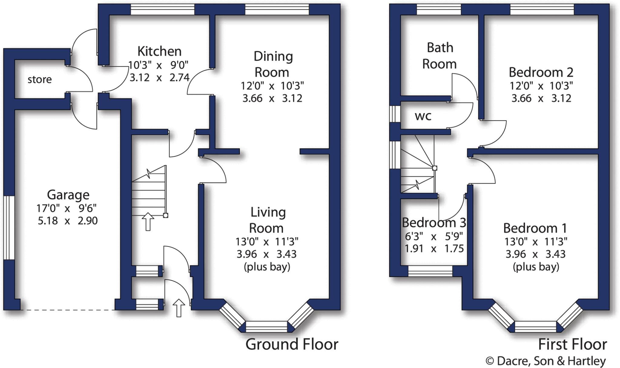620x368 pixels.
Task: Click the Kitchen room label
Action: tap(159, 51)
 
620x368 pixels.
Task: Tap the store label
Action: tap(40, 79)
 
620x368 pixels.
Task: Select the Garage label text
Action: tap(68, 195)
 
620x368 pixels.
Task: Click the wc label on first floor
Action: tap(423, 116)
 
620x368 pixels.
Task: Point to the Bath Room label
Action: tap(440, 56)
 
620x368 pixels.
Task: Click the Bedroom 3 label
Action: tap(434, 223)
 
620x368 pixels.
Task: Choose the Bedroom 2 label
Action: tap(541, 72)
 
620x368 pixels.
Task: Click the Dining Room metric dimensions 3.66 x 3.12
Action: tap(272, 98)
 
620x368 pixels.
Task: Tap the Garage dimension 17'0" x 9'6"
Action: tap(67, 208)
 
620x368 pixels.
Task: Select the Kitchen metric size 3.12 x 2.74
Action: tap(159, 78)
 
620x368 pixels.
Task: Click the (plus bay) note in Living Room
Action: tap(267, 267)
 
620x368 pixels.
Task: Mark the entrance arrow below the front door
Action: tap(179, 308)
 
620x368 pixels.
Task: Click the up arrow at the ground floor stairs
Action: tap(148, 221)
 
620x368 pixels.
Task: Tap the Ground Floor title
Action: tap(292, 344)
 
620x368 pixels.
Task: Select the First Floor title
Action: tap(572, 344)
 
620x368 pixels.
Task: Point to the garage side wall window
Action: tap(9, 227)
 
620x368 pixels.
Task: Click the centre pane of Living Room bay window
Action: tap(266, 327)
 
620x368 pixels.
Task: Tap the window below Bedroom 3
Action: tap(430, 271)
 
